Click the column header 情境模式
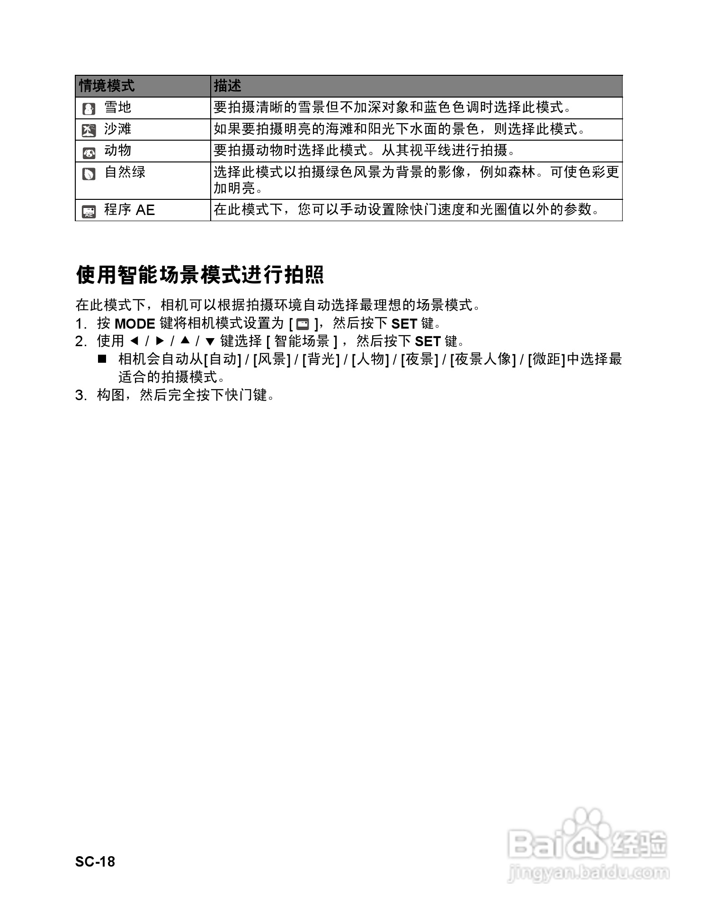click(107, 86)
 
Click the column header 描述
click(227, 86)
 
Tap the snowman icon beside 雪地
click(89, 109)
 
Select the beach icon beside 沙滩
click(89, 130)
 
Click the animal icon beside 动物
click(89, 152)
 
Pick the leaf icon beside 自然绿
click(89, 174)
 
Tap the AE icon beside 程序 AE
click(89, 212)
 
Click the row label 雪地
click(117, 108)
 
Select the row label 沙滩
click(117, 129)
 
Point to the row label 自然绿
click(125, 172)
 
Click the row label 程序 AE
click(129, 210)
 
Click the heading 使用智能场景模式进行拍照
click(200, 275)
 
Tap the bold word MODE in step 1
click(135, 324)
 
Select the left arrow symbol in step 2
click(134, 341)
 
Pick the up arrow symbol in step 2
click(185, 341)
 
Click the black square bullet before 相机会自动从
click(102, 358)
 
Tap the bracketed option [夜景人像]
click(482, 359)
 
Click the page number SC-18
click(95, 861)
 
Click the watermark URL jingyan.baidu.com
click(589, 872)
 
